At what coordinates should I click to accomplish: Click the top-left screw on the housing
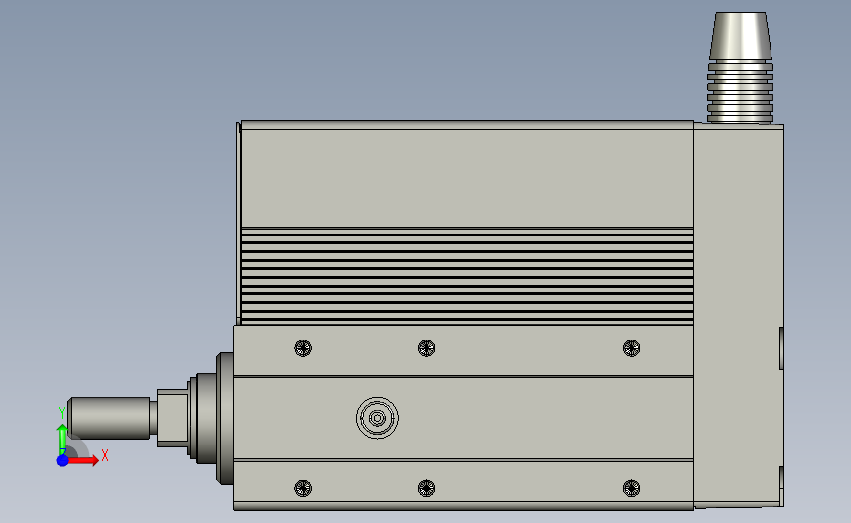(x=303, y=347)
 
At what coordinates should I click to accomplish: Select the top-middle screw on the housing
(x=427, y=347)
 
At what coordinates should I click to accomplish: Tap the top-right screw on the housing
(x=632, y=347)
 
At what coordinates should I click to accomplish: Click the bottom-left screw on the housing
(x=303, y=488)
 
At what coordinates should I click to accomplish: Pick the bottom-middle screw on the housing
(x=427, y=488)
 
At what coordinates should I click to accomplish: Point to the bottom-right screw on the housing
(x=632, y=488)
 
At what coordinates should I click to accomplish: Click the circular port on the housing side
(x=377, y=418)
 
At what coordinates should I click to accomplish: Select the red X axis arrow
(x=82, y=460)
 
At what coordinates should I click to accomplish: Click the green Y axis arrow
(x=62, y=440)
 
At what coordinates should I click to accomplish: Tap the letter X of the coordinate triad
(x=105, y=455)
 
